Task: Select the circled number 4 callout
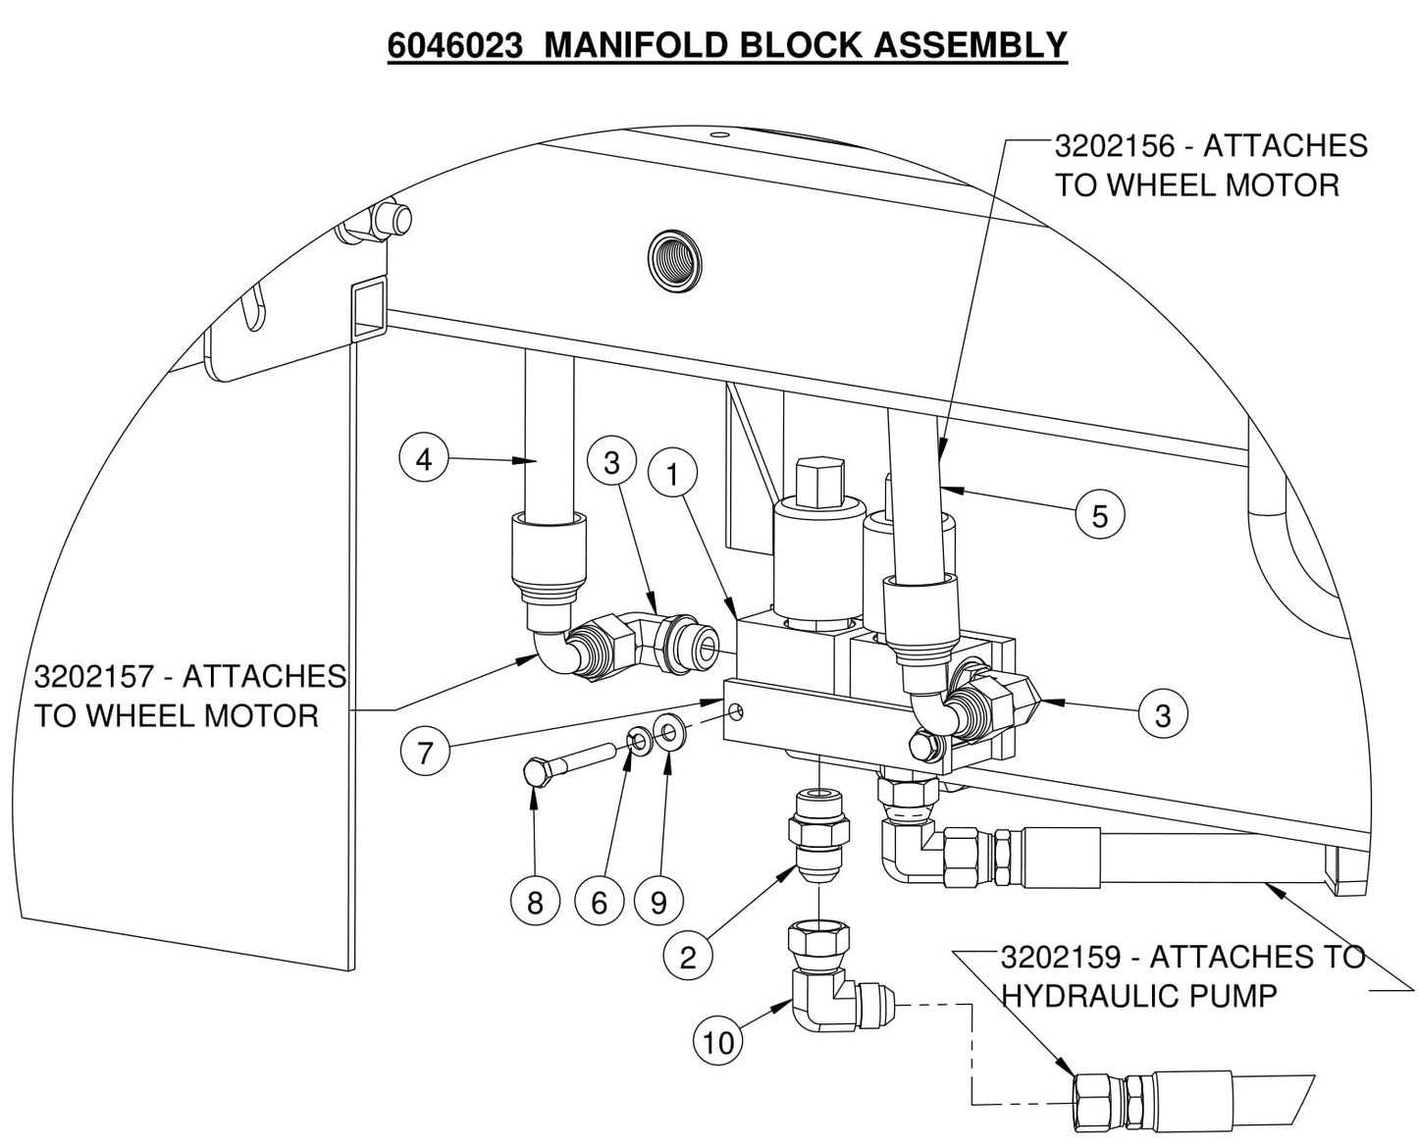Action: [x=424, y=458]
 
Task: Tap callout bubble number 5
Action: [x=1099, y=515]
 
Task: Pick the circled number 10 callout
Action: [x=718, y=1041]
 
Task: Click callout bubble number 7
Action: [x=425, y=753]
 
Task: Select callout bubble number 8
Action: [x=535, y=902]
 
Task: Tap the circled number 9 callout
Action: [x=658, y=902]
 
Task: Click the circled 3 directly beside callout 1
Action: [x=612, y=461]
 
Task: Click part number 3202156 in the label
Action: [x=1114, y=146]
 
